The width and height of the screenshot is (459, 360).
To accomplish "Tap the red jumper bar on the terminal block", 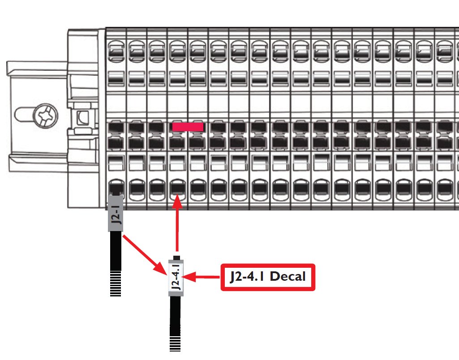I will (x=188, y=127).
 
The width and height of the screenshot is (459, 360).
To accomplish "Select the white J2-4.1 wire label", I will (x=177, y=277).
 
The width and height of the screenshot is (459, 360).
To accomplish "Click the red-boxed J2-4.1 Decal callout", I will (x=268, y=277).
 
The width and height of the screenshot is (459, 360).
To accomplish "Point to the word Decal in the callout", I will (x=288, y=277).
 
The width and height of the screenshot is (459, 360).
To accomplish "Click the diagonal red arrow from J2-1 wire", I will (x=143, y=254).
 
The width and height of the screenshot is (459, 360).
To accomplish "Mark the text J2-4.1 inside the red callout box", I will (x=247, y=277).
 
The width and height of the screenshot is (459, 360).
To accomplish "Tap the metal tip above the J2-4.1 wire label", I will (x=177, y=258).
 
